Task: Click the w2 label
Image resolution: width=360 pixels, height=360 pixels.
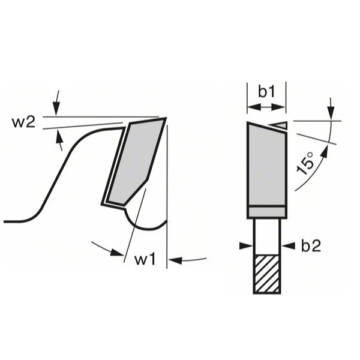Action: [23, 122]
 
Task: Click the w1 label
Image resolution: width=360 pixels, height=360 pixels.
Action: [145, 260]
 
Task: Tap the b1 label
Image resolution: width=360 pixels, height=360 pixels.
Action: [266, 92]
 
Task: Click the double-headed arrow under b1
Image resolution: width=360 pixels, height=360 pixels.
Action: [266, 107]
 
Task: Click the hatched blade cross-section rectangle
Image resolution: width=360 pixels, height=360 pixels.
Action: [267, 274]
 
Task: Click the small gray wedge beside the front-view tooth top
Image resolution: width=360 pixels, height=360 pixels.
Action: [280, 125]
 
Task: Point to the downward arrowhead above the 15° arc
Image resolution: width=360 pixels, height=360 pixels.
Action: [331, 113]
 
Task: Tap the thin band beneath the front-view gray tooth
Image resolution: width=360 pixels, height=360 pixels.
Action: [266, 212]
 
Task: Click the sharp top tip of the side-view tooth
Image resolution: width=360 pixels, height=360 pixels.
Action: [164, 118]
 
